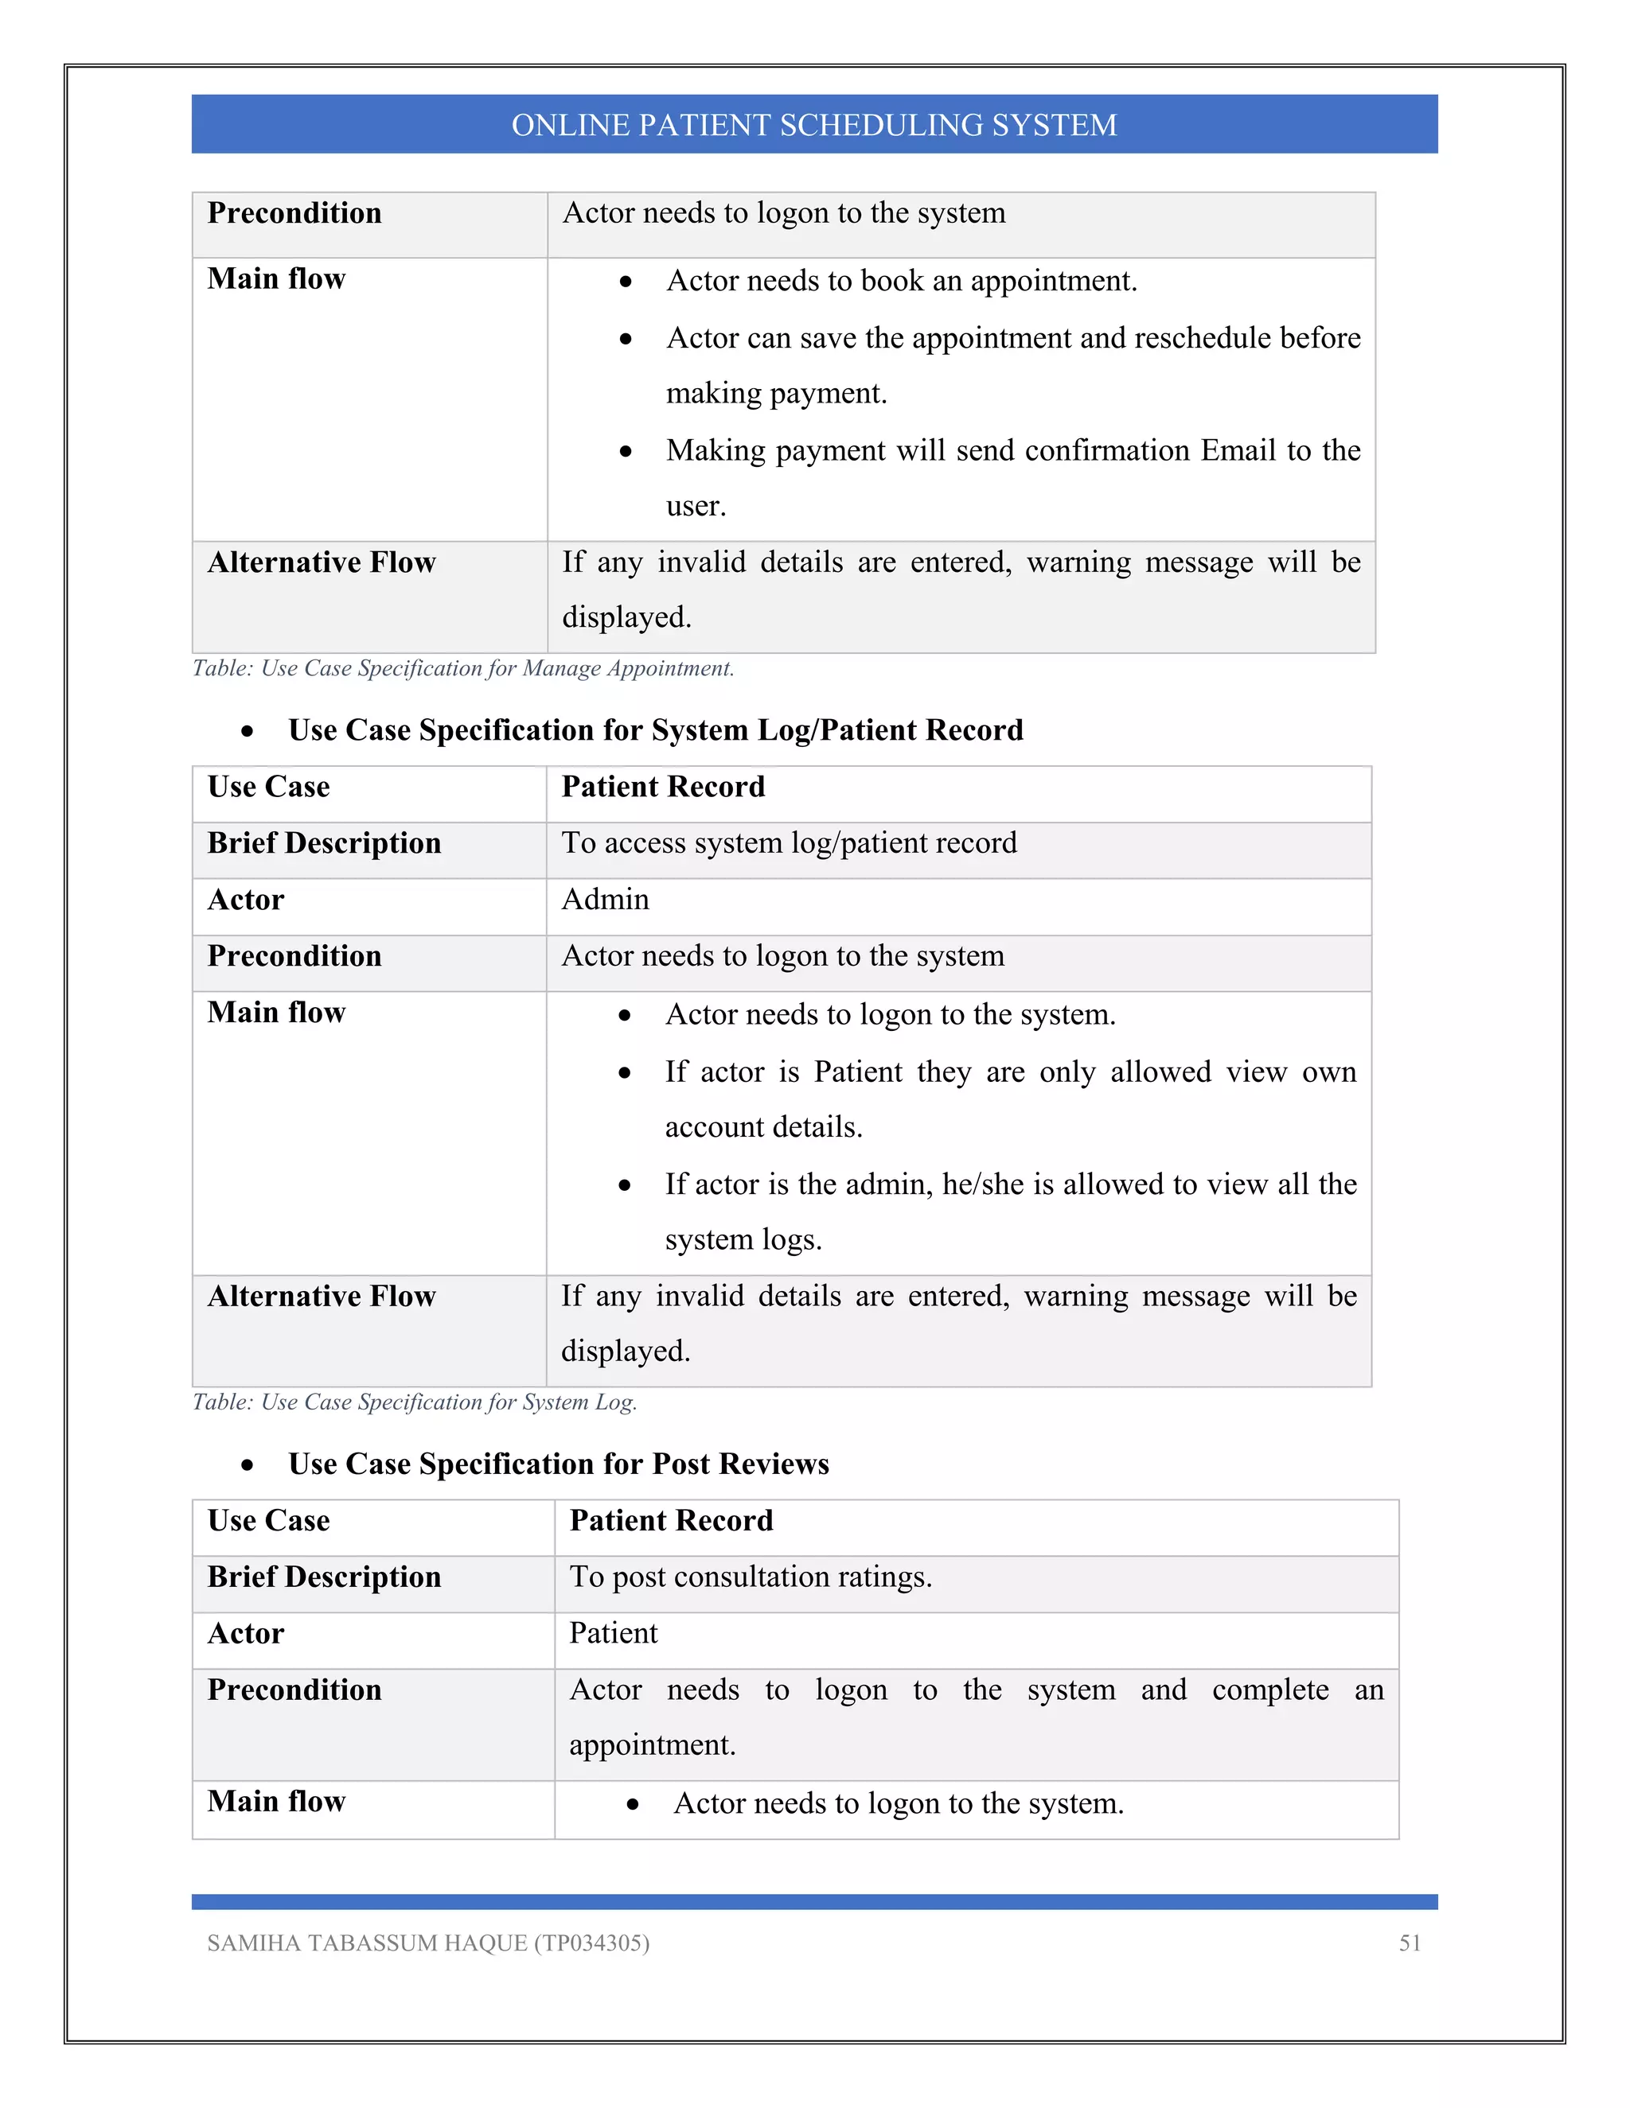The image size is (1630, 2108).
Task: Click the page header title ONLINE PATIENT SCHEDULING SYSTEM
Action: pyautogui.click(x=814, y=125)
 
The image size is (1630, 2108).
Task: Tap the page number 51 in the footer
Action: pyautogui.click(x=1409, y=1943)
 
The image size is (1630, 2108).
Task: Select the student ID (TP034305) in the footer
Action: pyautogui.click(x=591, y=1943)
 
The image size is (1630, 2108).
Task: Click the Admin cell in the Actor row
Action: pyautogui.click(x=606, y=900)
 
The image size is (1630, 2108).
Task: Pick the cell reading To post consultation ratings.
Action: pyautogui.click(x=751, y=1577)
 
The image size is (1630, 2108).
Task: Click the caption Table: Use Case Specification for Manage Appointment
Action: pyautogui.click(x=462, y=668)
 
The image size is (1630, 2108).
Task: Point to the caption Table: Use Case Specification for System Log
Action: pyautogui.click(x=414, y=1402)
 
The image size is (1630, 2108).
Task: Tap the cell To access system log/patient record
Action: pyautogui.click(x=789, y=842)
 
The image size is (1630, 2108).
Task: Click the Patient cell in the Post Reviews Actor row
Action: pyautogui.click(x=613, y=1633)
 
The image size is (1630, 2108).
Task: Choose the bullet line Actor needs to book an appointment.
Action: pyautogui.click(x=901, y=281)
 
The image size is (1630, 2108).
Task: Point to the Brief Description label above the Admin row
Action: pyautogui.click(x=323, y=842)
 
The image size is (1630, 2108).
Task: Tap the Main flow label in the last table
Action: pyautogui.click(x=276, y=1801)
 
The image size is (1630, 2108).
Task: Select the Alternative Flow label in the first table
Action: pyautogui.click(x=322, y=562)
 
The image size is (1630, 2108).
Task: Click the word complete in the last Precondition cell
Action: pyautogui.click(x=1269, y=1690)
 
